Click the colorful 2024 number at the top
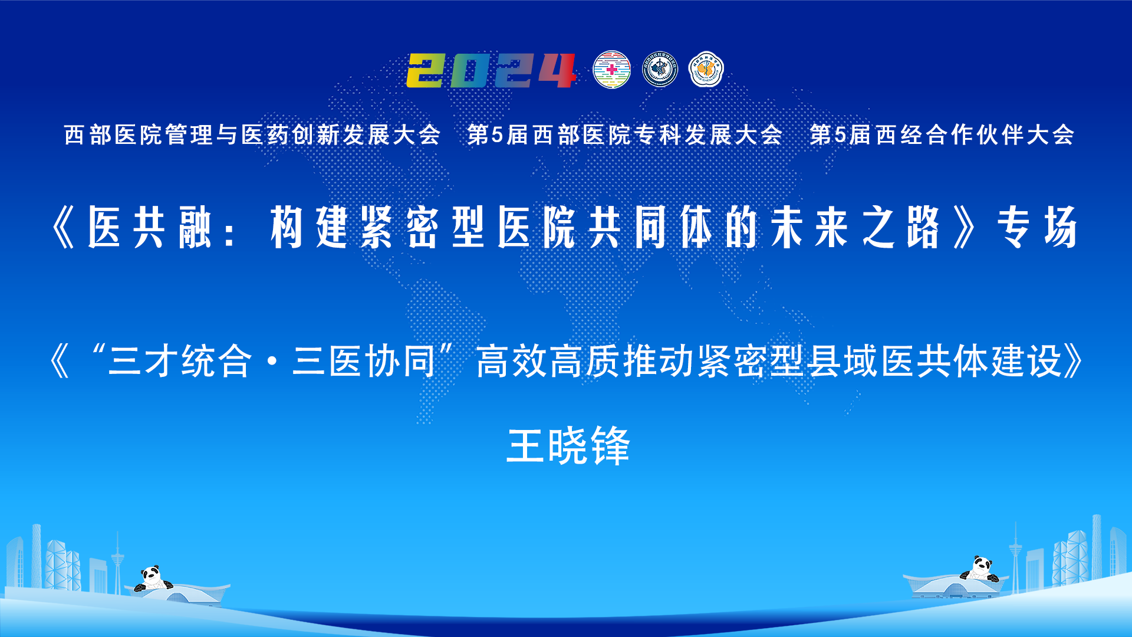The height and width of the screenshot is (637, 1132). point(491,70)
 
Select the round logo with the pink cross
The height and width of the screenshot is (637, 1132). point(611,70)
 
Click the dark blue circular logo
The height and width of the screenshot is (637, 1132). point(660,70)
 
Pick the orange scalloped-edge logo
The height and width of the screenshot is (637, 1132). point(706,70)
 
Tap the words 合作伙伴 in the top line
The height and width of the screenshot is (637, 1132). point(975,135)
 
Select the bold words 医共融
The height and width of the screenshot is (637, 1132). point(150,227)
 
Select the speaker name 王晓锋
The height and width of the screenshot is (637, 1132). point(568,446)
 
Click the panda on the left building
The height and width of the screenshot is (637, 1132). point(153,579)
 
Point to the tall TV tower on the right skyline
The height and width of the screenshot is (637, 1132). point(1015,554)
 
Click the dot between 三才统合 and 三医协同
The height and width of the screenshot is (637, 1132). point(272,361)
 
